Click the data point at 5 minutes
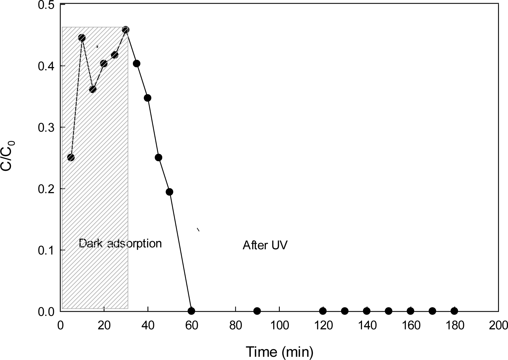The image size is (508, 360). point(71,157)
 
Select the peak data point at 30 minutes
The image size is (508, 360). point(126,30)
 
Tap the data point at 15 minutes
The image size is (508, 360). point(93,89)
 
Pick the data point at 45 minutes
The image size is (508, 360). point(158,157)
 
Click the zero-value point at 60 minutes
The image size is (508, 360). point(191,311)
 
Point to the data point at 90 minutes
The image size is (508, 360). point(257,311)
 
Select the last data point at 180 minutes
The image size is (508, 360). point(454,311)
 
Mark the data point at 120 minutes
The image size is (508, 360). point(323,311)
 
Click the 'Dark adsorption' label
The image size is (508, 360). point(120,243)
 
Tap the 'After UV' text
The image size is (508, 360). point(265,246)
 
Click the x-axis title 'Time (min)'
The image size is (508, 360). point(279,352)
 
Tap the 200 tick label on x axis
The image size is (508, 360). point(498,325)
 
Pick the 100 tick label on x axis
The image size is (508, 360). point(279,325)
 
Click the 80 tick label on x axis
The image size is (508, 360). point(235,325)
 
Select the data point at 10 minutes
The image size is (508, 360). point(82,38)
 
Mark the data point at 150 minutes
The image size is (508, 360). point(389,311)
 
